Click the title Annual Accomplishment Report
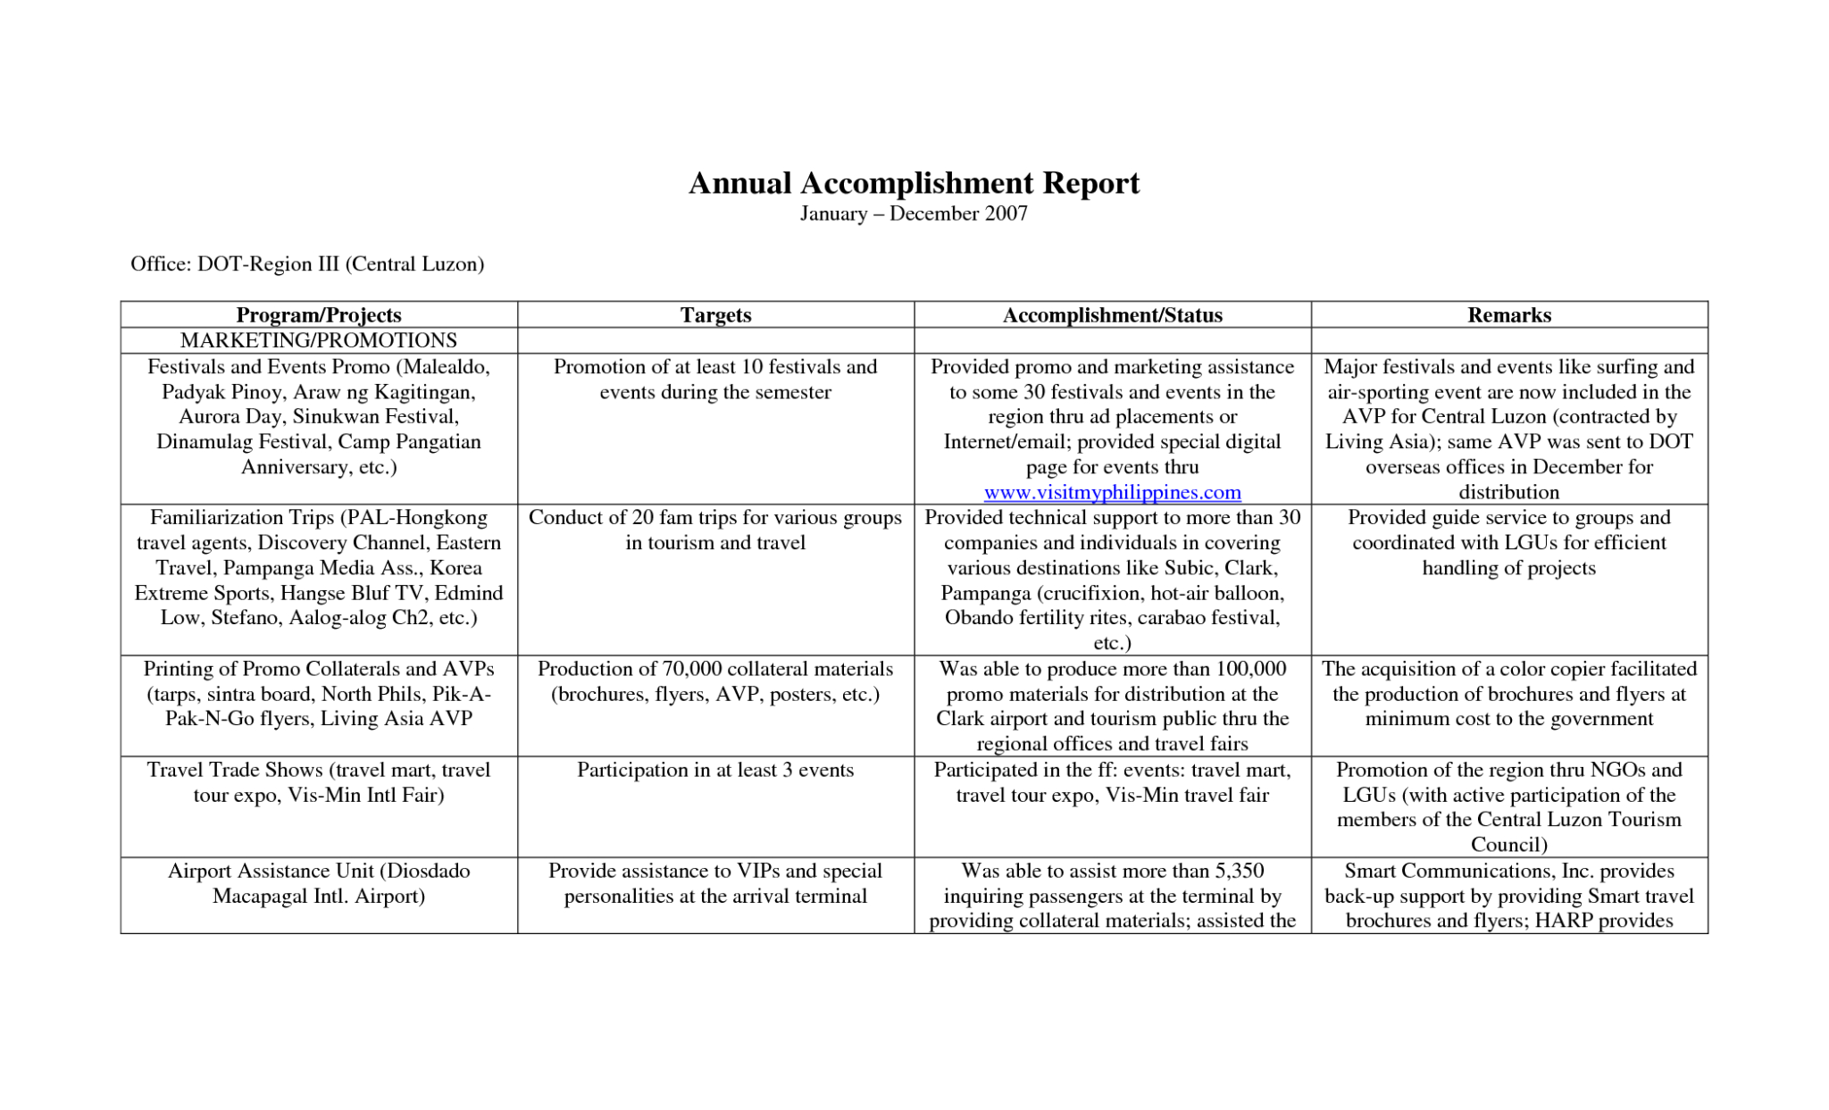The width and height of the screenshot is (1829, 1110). (914, 183)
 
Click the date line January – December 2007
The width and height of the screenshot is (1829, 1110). (914, 213)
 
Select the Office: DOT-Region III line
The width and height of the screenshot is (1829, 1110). (307, 264)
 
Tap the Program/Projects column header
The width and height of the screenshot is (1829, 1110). (319, 315)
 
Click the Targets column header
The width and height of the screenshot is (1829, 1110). (715, 315)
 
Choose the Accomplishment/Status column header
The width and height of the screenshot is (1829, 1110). (1112, 315)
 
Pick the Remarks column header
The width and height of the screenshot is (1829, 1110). (1508, 315)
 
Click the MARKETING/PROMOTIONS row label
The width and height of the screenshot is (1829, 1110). (319, 340)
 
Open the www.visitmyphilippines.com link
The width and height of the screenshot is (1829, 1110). (1112, 492)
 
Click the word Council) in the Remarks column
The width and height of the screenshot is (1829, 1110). (1508, 845)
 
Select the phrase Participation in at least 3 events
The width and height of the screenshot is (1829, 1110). (715, 770)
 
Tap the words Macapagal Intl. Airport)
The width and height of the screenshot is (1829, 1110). (319, 896)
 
